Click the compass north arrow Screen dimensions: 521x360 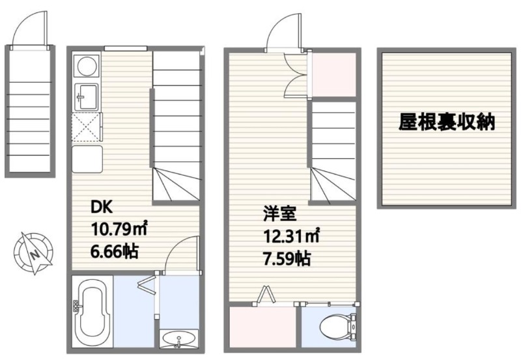(34, 254)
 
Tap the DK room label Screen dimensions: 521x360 (102, 208)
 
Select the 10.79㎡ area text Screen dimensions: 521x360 (119, 229)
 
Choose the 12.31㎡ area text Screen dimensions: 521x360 (292, 236)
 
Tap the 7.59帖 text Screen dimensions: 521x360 (287, 258)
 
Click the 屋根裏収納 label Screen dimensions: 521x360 (447, 122)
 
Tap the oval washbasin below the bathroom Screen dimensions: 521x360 (178, 339)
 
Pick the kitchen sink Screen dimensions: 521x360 (87, 96)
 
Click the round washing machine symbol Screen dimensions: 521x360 (88, 65)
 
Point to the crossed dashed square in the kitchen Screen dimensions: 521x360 (86, 127)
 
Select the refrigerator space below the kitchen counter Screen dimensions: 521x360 (87, 159)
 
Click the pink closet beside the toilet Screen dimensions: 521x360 (262, 327)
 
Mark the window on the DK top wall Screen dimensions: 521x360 (126, 48)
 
